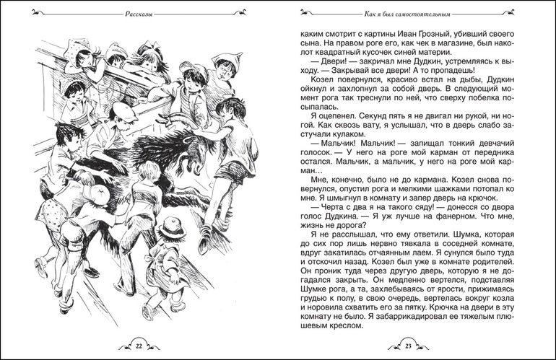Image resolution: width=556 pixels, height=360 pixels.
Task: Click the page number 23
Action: (408, 346)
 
